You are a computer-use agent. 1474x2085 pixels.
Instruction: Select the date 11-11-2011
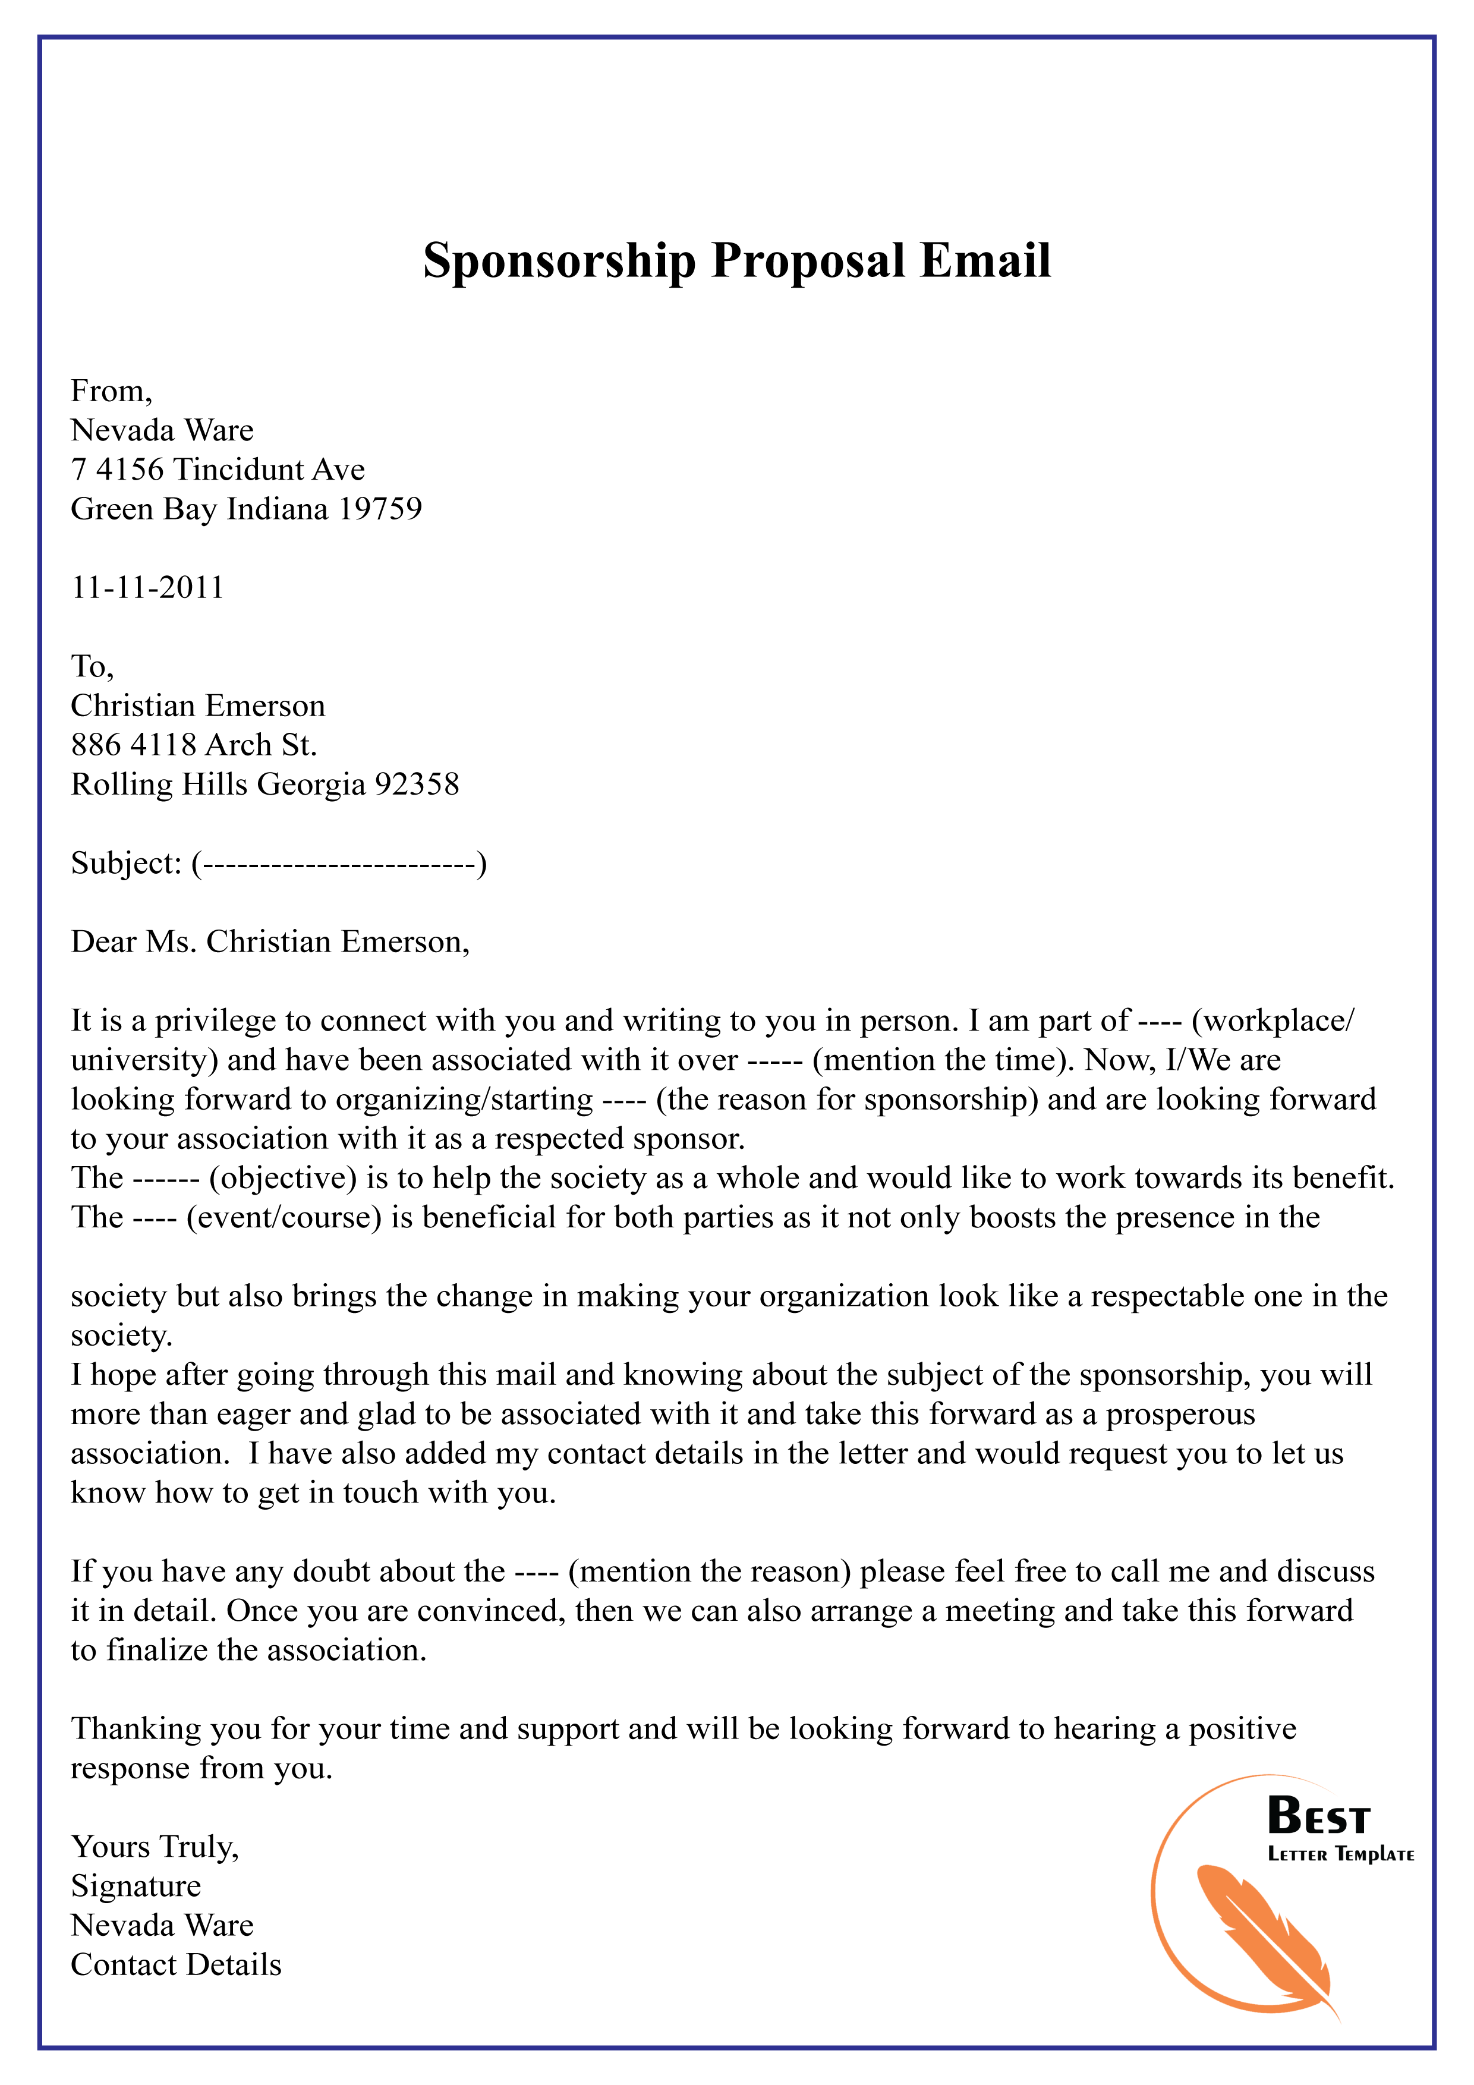(x=147, y=588)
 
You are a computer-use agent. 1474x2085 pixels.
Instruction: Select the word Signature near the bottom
(x=136, y=1886)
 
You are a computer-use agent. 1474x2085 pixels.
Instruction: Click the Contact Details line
(x=176, y=1965)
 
